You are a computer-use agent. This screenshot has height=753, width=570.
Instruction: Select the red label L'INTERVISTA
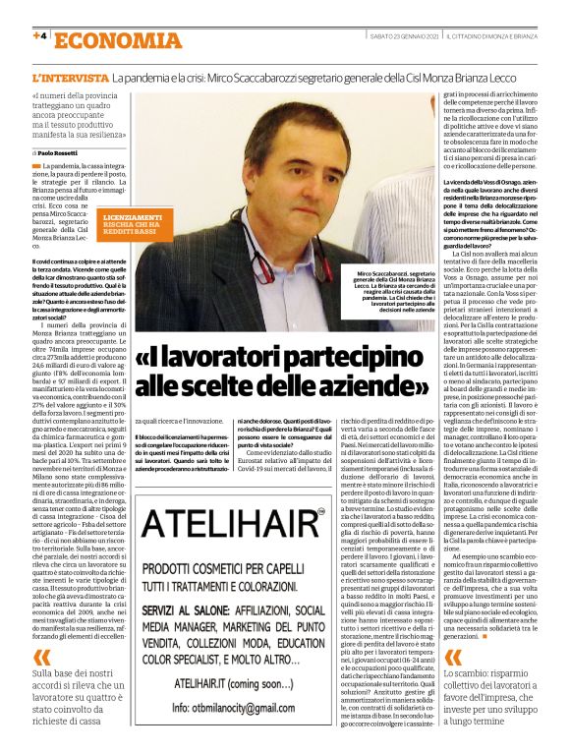(x=70, y=77)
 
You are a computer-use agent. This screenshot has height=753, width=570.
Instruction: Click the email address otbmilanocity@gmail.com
(x=246, y=706)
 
